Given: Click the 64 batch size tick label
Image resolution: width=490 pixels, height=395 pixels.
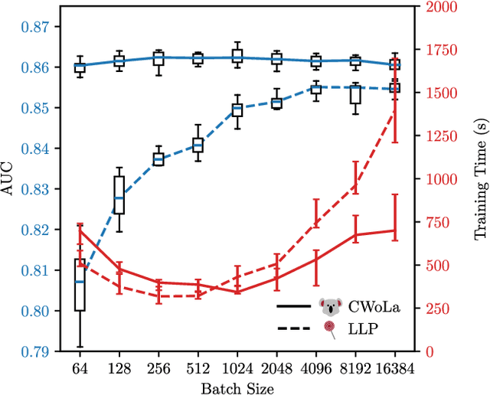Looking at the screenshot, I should click(80, 367).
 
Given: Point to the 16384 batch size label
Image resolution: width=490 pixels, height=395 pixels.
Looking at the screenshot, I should click(395, 367).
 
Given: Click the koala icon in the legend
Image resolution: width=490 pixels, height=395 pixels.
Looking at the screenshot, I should click(330, 307).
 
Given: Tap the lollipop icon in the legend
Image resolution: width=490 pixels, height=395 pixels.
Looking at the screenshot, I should click(330, 328).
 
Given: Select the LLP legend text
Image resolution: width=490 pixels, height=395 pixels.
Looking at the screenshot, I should click(362, 328).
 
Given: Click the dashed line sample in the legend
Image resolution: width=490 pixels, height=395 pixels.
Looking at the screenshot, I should click(294, 328).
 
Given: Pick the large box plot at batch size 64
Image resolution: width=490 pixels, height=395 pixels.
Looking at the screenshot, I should click(80, 284).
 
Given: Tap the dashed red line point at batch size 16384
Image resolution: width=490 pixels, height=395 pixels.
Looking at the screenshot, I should click(395, 111).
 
